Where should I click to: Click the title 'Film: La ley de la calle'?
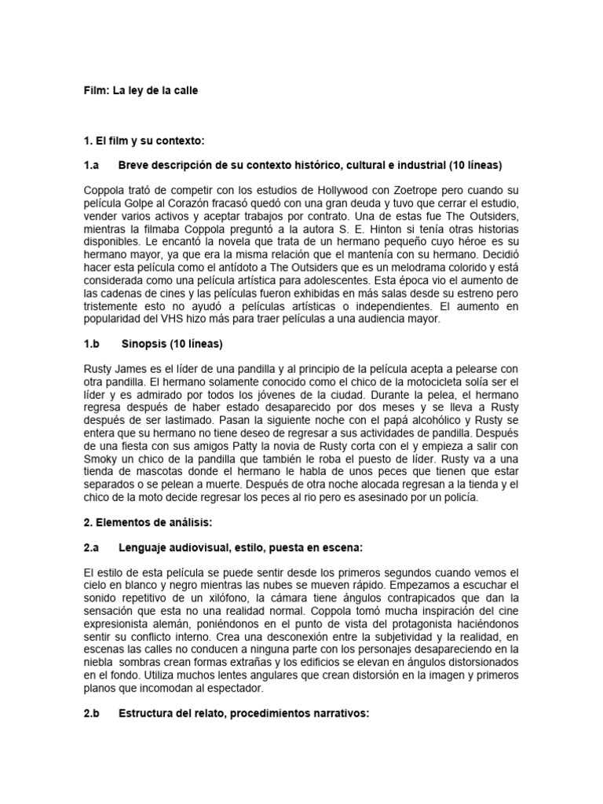(x=141, y=90)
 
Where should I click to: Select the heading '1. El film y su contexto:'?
(x=143, y=141)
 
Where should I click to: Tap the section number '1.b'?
(x=92, y=344)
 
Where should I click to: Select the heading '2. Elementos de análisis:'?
(x=148, y=522)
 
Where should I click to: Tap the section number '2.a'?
(x=92, y=547)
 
